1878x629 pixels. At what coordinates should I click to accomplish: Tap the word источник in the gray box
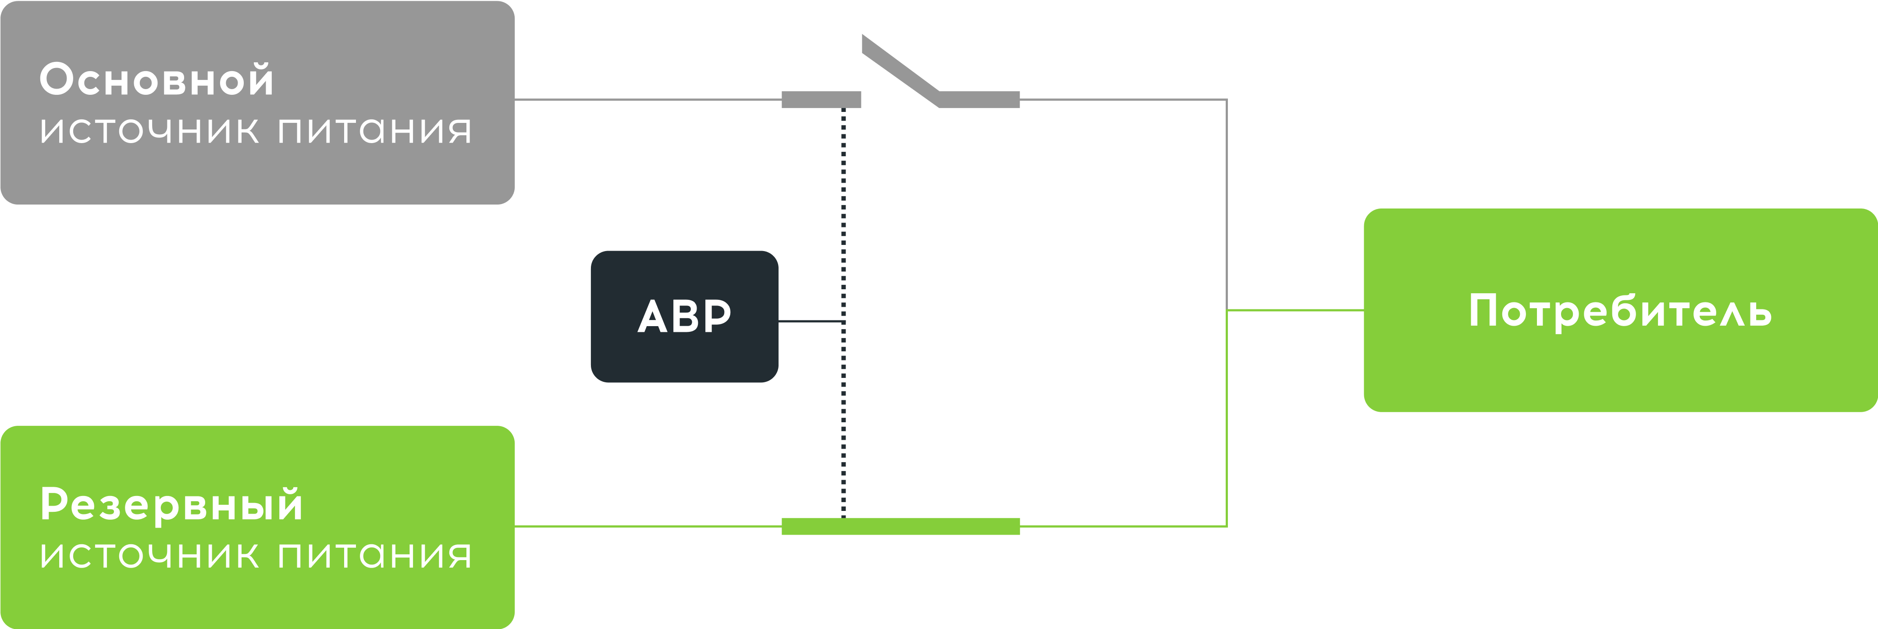coord(149,131)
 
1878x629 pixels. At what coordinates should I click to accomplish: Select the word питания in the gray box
coord(375,131)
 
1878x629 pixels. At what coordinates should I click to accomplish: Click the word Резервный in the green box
coord(171,505)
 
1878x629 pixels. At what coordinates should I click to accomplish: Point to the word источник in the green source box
coord(149,556)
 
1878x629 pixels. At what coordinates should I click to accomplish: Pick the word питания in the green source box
coord(375,556)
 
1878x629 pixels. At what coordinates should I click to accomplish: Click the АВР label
coord(684,316)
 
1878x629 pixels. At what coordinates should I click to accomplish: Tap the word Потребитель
coord(1619,312)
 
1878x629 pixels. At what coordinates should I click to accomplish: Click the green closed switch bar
coord(900,526)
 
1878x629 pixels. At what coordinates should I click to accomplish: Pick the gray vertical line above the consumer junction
coord(1227,204)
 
